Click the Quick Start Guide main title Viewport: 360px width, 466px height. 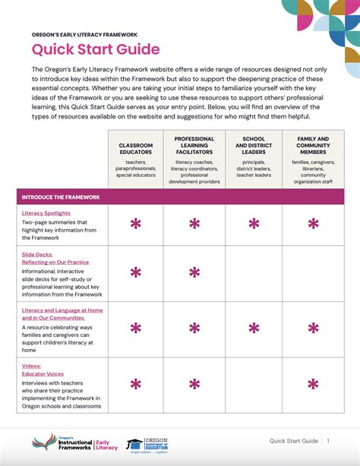tap(96, 50)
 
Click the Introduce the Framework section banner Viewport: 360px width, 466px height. tap(62, 197)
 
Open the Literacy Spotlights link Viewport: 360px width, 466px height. tap(46, 213)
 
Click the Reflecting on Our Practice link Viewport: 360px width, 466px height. tap(55, 262)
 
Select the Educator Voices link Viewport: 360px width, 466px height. tap(46, 373)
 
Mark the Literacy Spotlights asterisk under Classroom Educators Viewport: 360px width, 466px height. tap(136, 224)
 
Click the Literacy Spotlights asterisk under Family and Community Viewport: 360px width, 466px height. tap(312, 224)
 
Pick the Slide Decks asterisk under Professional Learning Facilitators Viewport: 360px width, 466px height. tap(194, 272)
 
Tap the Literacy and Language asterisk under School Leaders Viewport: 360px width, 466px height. tap(254, 328)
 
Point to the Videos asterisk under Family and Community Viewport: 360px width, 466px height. tap(312, 384)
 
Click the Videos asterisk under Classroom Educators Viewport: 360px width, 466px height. tap(136, 384)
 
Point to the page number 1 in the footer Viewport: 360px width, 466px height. tap(329, 441)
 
